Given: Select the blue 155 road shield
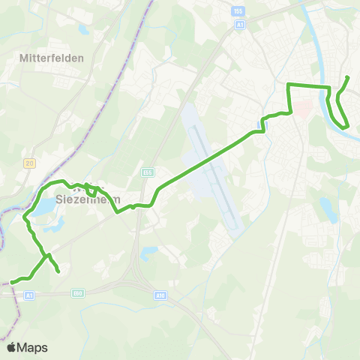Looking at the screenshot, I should [239, 12].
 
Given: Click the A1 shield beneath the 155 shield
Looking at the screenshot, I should [239, 24].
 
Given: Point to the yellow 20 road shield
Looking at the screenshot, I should [29, 163].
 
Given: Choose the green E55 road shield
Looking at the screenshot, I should [148, 172].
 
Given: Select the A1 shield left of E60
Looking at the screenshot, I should [30, 295].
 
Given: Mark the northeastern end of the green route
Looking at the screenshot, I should [348, 77].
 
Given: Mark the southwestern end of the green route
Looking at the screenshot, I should [10, 283].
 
